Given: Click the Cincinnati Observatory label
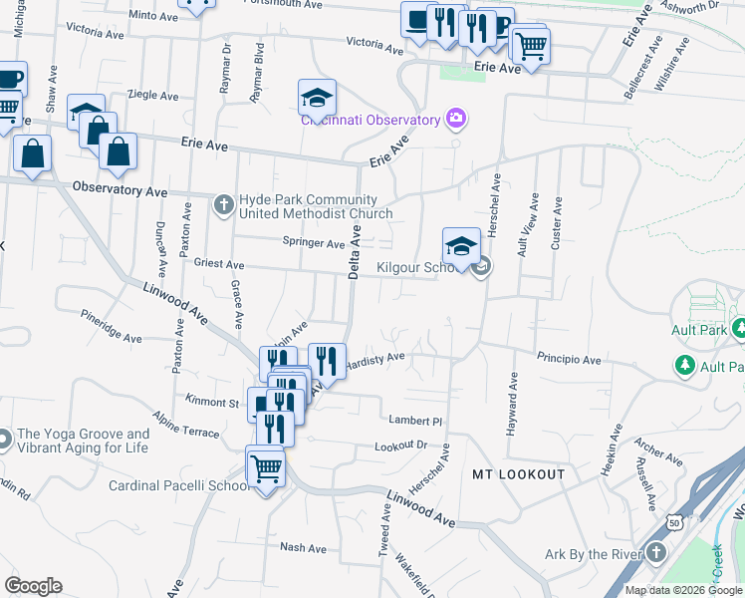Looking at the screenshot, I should (x=372, y=121).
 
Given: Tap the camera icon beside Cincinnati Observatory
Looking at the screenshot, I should (x=456, y=120).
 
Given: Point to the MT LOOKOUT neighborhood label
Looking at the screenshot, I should (x=518, y=474).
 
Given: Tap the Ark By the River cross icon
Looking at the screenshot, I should (x=656, y=553).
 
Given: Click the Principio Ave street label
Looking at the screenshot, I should (x=570, y=359).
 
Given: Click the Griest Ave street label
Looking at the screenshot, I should (x=220, y=265).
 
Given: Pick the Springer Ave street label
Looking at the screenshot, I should (x=313, y=242).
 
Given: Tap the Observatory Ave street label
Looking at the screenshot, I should (x=121, y=188).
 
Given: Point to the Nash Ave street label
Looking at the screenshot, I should (x=304, y=548).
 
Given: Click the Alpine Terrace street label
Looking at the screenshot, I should (x=185, y=425).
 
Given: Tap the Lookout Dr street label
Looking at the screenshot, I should (x=400, y=447).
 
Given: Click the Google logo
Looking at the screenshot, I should (x=33, y=586).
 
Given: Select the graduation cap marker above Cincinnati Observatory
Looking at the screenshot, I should (x=317, y=97).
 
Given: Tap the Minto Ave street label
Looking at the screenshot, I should (x=153, y=16).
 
